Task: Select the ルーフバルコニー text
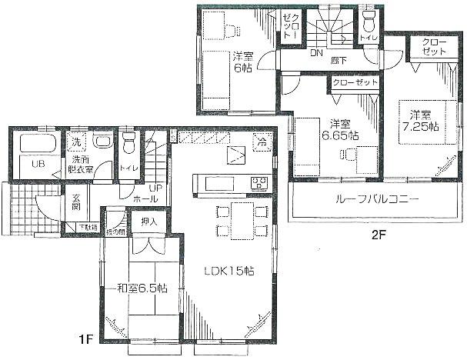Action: [376, 198]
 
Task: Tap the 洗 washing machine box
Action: [76, 142]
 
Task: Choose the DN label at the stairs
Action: [316, 54]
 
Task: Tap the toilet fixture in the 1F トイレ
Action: [128, 143]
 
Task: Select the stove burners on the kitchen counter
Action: [259, 183]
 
